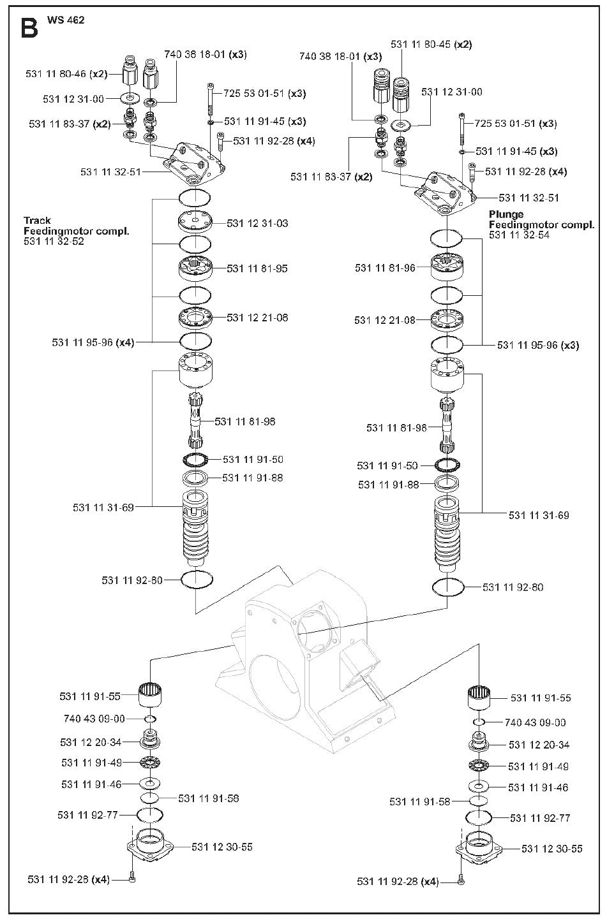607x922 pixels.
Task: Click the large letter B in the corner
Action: click(29, 28)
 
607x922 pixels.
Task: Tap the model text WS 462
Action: click(66, 20)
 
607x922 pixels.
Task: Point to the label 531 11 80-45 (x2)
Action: click(431, 44)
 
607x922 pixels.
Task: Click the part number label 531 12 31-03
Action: click(257, 223)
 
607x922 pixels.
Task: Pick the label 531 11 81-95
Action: click(257, 268)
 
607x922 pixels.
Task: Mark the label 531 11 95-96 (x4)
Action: click(93, 342)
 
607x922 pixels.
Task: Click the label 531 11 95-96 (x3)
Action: click(538, 345)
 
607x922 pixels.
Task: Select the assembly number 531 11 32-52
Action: click(54, 241)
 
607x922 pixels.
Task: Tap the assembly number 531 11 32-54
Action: click(520, 235)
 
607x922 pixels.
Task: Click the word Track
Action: click(37, 221)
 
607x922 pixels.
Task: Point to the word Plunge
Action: click(506, 214)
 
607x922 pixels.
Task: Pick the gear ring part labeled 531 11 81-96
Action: click(447, 267)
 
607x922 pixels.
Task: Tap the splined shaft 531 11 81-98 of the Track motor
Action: click(197, 421)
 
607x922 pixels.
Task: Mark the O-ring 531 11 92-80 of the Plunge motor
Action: click(447, 587)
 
